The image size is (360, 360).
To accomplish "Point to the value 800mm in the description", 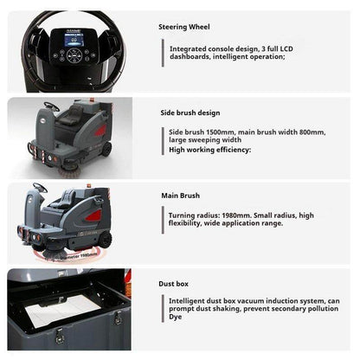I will pyautogui.click(x=311, y=131).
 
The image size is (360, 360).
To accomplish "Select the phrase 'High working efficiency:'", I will pyautogui.click(x=209, y=150).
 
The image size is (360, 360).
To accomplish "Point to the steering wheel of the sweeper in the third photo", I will pyautogui.click(x=40, y=188).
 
